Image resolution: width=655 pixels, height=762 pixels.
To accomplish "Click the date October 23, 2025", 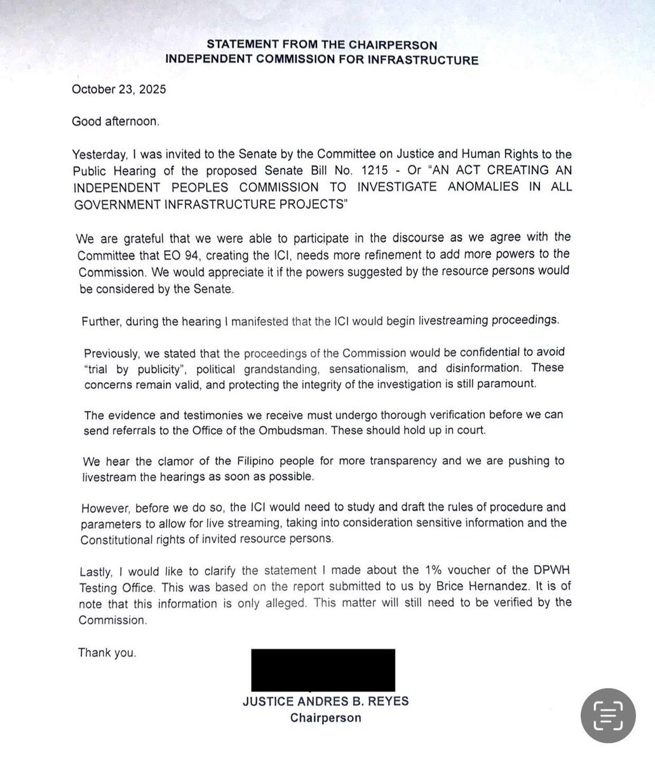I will [x=119, y=90].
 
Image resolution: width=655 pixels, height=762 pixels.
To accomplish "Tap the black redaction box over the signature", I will [x=323, y=669].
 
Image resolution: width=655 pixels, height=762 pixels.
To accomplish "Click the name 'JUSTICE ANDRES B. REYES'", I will [x=325, y=702].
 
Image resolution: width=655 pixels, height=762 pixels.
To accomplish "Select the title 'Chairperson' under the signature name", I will [x=325, y=718].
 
